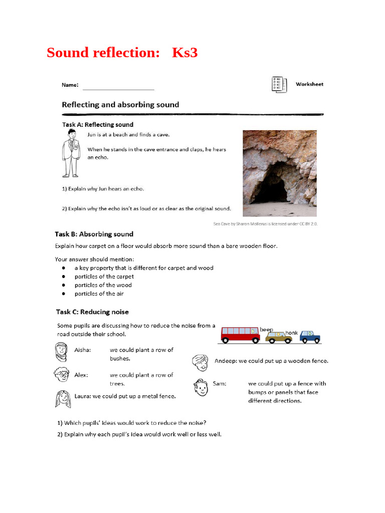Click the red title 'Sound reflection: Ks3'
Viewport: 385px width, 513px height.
(x=122, y=52)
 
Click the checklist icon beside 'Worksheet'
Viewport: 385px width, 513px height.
(x=278, y=84)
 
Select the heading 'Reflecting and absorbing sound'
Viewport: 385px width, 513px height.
(x=120, y=105)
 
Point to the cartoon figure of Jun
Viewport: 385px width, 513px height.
(x=71, y=153)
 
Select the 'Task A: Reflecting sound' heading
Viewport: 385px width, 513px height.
(x=97, y=124)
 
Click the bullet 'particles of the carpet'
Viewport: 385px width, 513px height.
(x=104, y=277)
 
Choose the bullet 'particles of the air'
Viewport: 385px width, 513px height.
(x=99, y=294)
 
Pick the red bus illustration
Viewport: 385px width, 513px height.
(x=240, y=335)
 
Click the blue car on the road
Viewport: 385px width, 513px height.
(x=310, y=337)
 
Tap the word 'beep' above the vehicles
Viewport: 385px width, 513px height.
(x=266, y=330)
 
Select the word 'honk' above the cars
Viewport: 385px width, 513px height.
(x=291, y=333)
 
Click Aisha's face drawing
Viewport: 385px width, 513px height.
(x=61, y=352)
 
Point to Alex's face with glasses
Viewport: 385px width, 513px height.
(x=61, y=374)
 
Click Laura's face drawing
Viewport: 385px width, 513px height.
(x=62, y=399)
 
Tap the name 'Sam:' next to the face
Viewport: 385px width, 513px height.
(x=220, y=383)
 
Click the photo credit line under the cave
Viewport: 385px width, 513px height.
(x=265, y=224)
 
